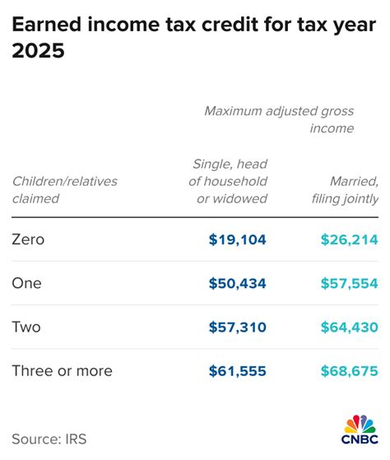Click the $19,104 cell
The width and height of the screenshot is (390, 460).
coord(237,239)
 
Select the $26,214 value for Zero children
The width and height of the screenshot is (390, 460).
coord(349,239)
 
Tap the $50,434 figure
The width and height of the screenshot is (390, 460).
coord(237,283)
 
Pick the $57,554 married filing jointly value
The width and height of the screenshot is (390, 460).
coord(349,283)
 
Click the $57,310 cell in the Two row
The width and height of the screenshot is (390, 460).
coord(237,328)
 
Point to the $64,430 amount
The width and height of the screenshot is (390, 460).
coord(349,328)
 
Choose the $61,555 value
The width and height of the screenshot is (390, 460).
coord(237,371)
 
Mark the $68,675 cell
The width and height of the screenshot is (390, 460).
coord(349,371)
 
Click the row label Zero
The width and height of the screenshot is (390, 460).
coord(28,239)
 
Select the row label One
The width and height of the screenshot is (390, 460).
coord(26,283)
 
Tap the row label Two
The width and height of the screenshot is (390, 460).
coord(26,328)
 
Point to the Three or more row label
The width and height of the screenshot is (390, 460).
coord(62,371)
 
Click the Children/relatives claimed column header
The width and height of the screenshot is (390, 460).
coord(64,189)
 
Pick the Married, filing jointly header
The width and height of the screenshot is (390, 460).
coord(345,189)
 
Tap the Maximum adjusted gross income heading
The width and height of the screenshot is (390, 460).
coord(279,119)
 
